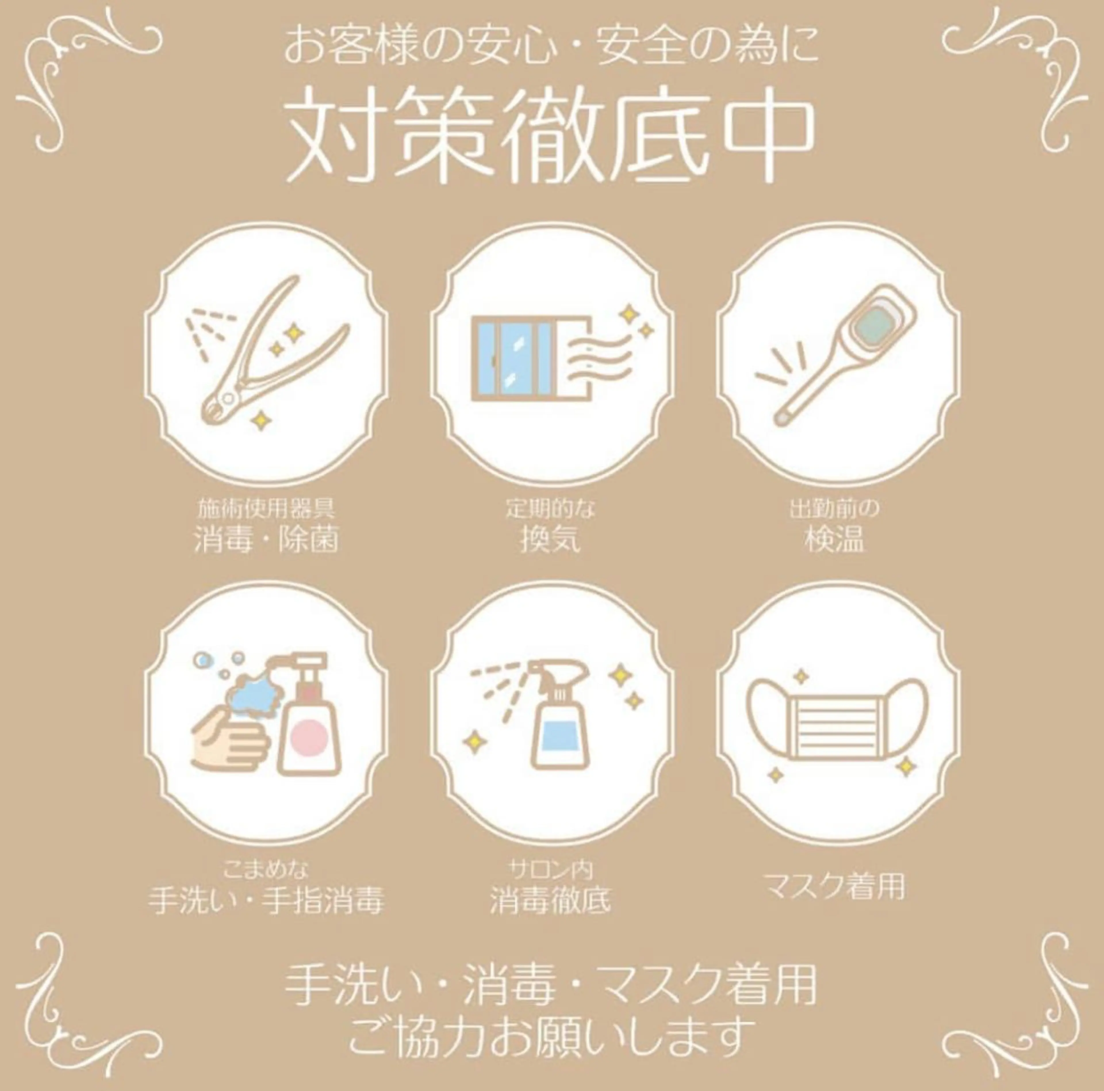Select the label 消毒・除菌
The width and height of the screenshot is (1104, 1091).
(266, 540)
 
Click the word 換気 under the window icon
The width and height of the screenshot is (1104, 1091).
(550, 540)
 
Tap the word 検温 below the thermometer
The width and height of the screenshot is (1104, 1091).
(834, 540)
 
